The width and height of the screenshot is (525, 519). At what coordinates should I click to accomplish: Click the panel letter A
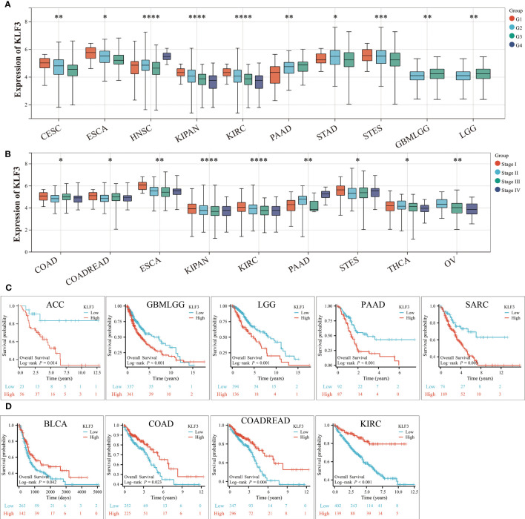coord(6,6)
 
